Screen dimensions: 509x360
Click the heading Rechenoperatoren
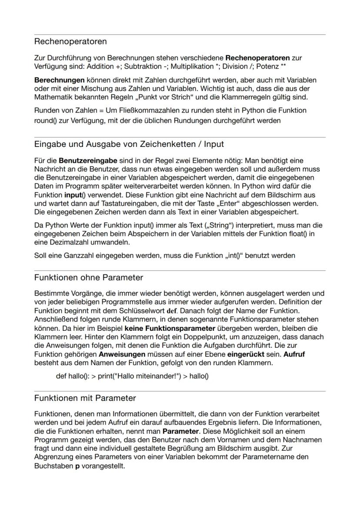(70, 42)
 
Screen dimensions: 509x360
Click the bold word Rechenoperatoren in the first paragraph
(255, 58)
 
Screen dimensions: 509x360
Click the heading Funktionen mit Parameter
(85, 398)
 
